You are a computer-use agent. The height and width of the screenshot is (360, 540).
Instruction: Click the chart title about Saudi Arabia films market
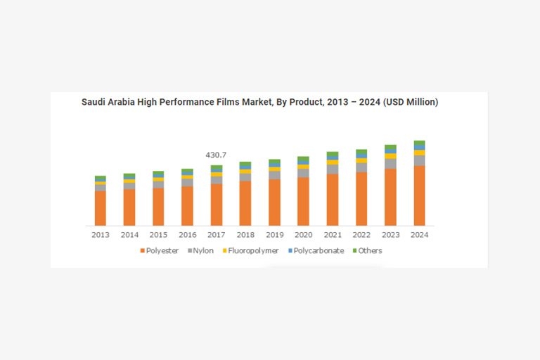tap(260, 102)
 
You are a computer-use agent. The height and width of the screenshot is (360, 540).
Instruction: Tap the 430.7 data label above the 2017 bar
tap(216, 155)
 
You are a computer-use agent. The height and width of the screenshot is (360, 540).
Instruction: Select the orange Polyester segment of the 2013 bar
tap(101, 207)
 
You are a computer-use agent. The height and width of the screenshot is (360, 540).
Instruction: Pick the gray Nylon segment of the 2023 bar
tap(390, 164)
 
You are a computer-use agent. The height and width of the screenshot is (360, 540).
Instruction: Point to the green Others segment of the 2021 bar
tap(333, 154)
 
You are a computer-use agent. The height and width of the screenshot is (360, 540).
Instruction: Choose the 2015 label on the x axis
tap(158, 234)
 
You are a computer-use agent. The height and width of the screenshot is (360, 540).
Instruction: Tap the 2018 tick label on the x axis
tap(245, 234)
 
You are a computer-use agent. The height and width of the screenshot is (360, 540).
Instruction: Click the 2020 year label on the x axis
tap(303, 234)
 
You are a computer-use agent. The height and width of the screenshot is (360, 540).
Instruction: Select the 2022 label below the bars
tap(361, 234)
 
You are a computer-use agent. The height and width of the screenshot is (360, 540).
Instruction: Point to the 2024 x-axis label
tap(419, 234)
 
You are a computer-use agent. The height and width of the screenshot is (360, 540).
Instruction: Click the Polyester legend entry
tap(160, 250)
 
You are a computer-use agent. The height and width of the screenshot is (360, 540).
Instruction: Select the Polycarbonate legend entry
tap(315, 250)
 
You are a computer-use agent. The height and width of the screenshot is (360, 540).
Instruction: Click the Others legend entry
tap(367, 250)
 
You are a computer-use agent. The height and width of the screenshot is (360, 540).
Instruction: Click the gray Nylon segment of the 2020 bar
tap(303, 173)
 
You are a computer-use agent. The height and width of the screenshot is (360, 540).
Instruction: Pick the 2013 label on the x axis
tap(101, 234)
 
